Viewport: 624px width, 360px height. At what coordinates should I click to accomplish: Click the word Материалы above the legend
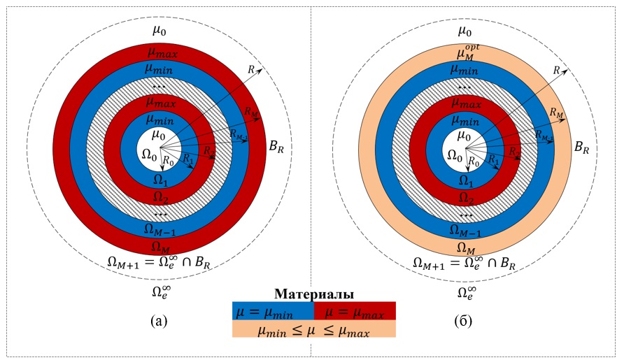pos(314,294)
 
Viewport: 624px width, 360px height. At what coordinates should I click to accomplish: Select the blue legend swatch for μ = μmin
pos(273,310)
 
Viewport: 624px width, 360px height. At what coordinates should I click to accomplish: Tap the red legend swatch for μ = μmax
pos(355,310)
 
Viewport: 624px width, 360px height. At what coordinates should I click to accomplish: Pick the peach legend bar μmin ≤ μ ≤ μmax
pos(314,329)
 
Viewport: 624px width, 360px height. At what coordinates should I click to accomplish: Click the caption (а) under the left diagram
pos(159,321)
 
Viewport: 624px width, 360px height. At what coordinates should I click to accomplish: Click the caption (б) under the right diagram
pos(463,321)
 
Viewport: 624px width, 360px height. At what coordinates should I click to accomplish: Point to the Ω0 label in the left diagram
pos(149,155)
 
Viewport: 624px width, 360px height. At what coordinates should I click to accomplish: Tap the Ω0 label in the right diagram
pos(455,155)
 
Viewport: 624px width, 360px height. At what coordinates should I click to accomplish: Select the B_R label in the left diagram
pos(276,147)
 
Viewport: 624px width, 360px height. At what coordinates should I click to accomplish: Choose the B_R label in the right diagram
pos(581,147)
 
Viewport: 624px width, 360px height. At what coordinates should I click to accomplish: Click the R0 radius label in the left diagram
pos(169,161)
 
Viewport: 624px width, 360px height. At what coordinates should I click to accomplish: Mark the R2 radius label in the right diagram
pos(515,152)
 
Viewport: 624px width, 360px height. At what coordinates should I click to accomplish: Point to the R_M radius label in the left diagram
pos(251,111)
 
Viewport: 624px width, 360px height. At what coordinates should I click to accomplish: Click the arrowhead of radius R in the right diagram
pos(567,70)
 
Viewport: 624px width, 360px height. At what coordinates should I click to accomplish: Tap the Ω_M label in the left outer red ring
pos(160,247)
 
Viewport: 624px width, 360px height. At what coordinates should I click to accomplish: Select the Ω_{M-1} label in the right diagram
pos(465,230)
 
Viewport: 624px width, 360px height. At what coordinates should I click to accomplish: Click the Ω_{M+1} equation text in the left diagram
pos(159,263)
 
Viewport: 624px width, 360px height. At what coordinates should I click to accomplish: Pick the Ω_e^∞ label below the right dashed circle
pos(467,292)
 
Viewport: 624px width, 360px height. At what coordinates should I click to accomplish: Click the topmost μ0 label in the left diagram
pos(159,31)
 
